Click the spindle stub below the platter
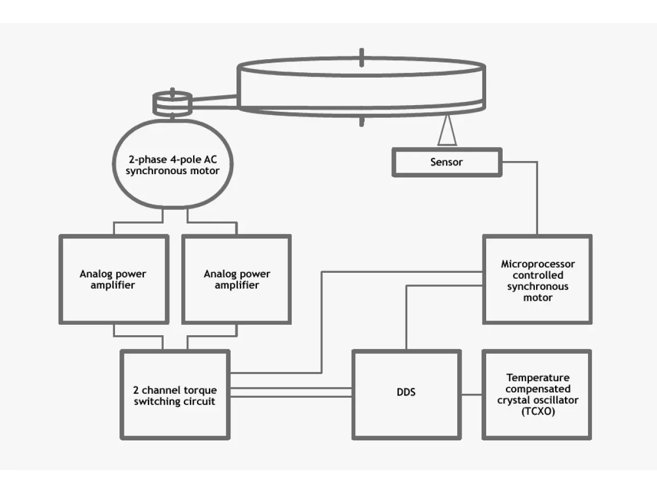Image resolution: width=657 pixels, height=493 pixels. point(361,122)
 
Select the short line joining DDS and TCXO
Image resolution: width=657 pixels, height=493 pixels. point(472,395)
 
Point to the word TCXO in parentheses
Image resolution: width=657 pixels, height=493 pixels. point(538,411)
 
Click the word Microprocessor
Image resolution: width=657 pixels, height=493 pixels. point(538,264)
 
